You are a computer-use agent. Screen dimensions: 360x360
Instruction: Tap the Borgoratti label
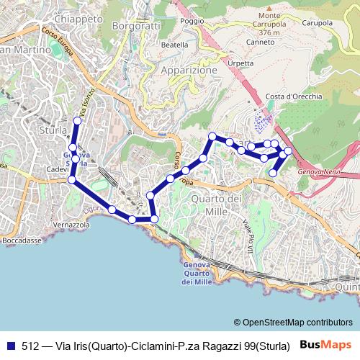[138, 26]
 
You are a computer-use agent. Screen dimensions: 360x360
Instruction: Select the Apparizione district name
[189, 71]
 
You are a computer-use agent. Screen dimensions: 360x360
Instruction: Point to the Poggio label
[193, 22]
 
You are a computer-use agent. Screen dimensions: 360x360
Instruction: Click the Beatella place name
[175, 45]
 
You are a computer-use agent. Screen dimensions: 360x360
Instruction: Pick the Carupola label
[318, 23]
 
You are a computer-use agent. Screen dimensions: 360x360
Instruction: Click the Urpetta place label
[240, 63]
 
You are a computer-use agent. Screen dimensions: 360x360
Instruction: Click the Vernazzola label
[71, 225]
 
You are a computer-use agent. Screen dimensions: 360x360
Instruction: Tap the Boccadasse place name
[22, 240]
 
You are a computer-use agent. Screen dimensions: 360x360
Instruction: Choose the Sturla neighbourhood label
[53, 130]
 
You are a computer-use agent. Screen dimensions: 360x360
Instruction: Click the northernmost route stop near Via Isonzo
[78, 120]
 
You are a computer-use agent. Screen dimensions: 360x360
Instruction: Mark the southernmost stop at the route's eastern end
[274, 173]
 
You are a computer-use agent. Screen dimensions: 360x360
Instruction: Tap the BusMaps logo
[326, 344]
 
